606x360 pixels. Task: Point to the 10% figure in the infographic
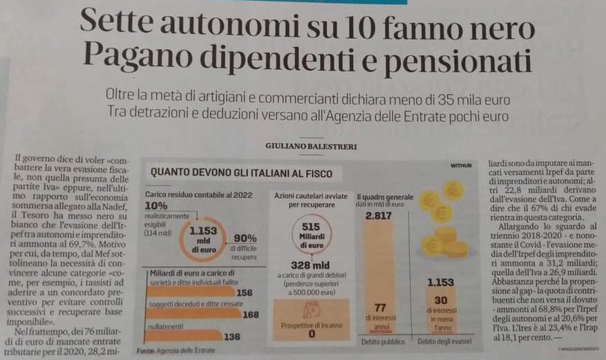[156, 205]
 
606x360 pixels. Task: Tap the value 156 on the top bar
[244, 293]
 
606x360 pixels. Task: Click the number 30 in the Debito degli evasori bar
[441, 299]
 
